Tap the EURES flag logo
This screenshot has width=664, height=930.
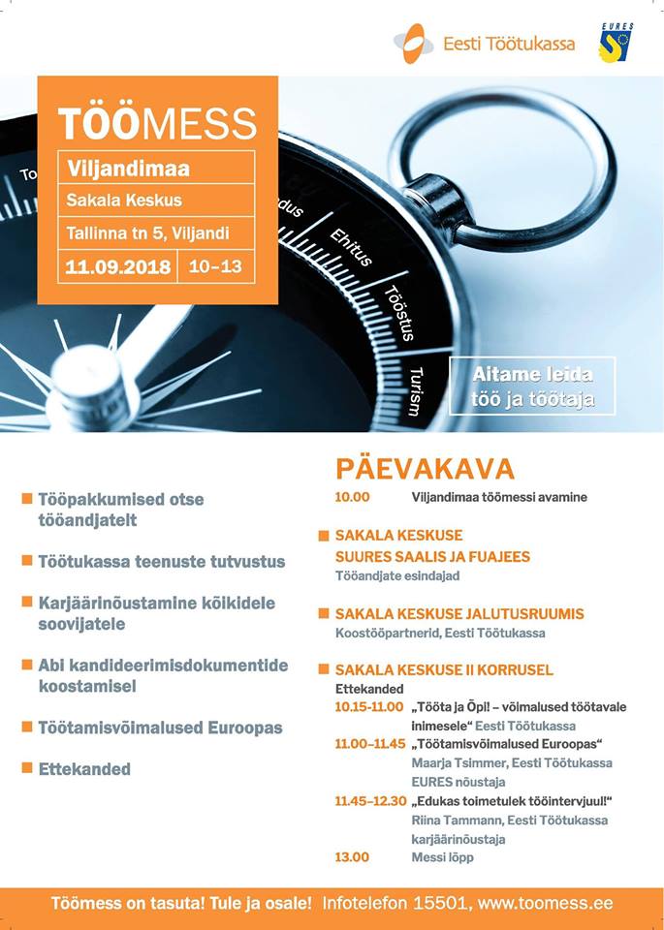point(617,44)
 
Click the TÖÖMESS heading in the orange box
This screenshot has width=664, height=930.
point(157,124)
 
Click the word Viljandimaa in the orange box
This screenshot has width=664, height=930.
point(128,169)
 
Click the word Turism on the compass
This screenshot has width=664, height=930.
point(415,391)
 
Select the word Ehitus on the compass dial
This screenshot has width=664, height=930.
point(350,247)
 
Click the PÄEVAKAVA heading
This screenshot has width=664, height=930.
point(425,469)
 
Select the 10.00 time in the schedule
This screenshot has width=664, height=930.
point(353,498)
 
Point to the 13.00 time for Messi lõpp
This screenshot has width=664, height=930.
point(353,857)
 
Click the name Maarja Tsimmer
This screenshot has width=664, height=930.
point(448,763)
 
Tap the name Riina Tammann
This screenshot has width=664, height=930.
point(448,821)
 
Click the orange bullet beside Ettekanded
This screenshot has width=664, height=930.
point(27,768)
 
